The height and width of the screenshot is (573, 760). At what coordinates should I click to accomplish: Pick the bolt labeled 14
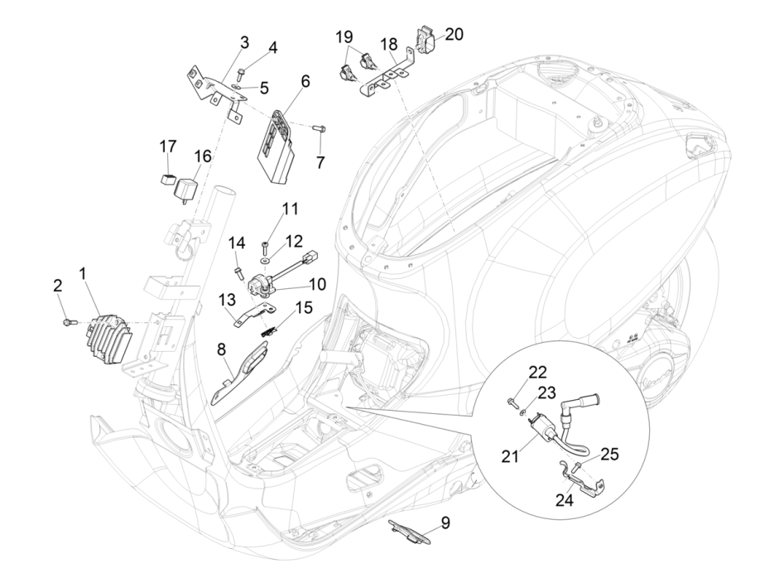tap(239, 271)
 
